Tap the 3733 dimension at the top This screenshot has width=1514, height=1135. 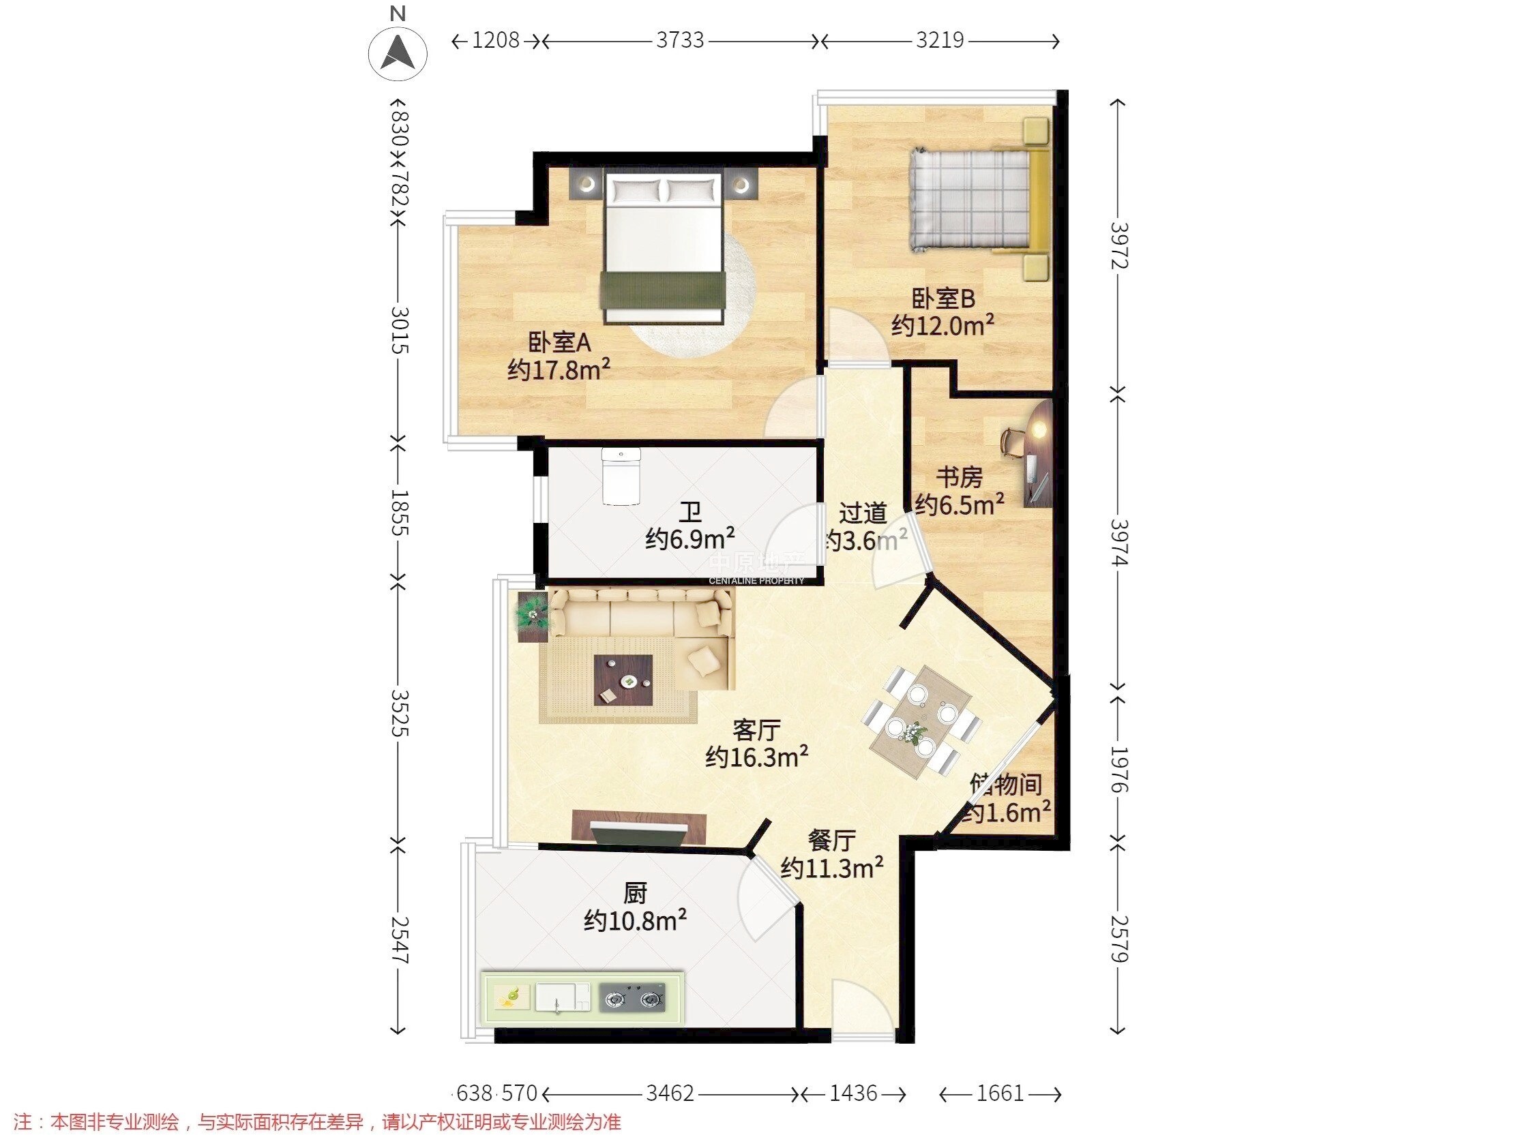click(680, 41)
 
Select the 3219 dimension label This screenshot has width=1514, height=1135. click(939, 41)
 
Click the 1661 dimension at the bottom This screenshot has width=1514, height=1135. click(999, 1093)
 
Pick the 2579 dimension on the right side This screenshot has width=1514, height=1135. click(1119, 939)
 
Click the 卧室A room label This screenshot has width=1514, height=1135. click(559, 342)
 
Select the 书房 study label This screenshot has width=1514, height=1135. click(960, 477)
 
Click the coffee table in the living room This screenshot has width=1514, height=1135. click(623, 680)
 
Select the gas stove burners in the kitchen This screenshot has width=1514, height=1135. click(633, 999)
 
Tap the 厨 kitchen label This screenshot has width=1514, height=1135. click(634, 893)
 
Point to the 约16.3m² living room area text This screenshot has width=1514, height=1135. click(756, 757)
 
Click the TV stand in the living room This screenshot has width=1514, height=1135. click(639, 826)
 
